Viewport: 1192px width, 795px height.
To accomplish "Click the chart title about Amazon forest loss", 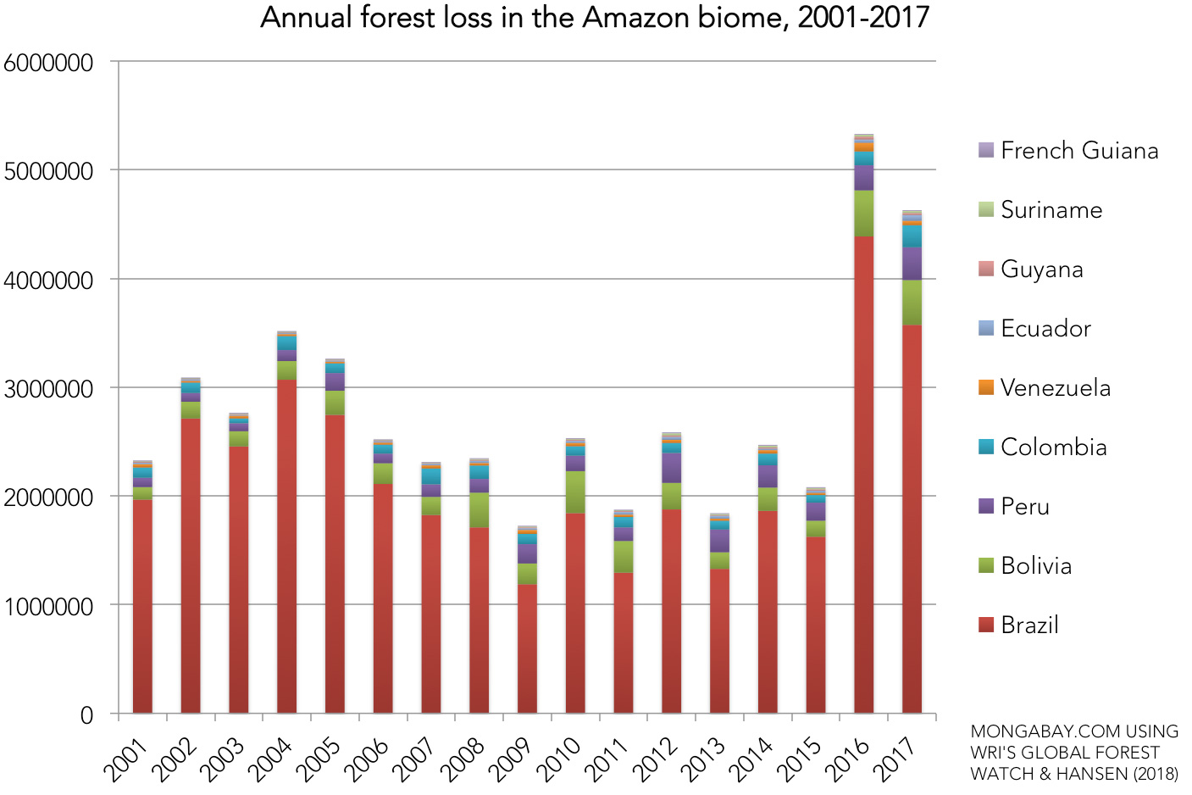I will point(595,18).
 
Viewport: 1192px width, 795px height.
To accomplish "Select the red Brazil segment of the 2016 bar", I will point(863,475).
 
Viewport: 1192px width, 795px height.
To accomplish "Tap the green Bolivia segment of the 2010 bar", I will point(575,492).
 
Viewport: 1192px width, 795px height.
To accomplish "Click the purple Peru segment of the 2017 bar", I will point(912,264).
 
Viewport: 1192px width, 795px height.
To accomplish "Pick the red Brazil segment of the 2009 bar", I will point(527,648).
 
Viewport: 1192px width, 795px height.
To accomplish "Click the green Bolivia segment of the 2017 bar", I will point(912,303).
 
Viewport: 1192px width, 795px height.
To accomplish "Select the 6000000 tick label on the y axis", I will point(48,63).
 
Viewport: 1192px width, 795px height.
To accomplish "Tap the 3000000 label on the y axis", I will point(48,389).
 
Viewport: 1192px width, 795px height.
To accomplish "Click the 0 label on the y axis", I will point(86,715).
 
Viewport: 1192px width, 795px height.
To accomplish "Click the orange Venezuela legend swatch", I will point(985,387).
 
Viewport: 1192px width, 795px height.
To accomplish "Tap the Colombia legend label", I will point(1053,448).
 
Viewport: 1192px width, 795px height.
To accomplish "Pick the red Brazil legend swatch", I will point(985,625).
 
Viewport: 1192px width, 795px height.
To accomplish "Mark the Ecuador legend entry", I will point(1045,329).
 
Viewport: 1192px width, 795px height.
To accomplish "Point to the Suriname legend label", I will point(1051,210).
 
